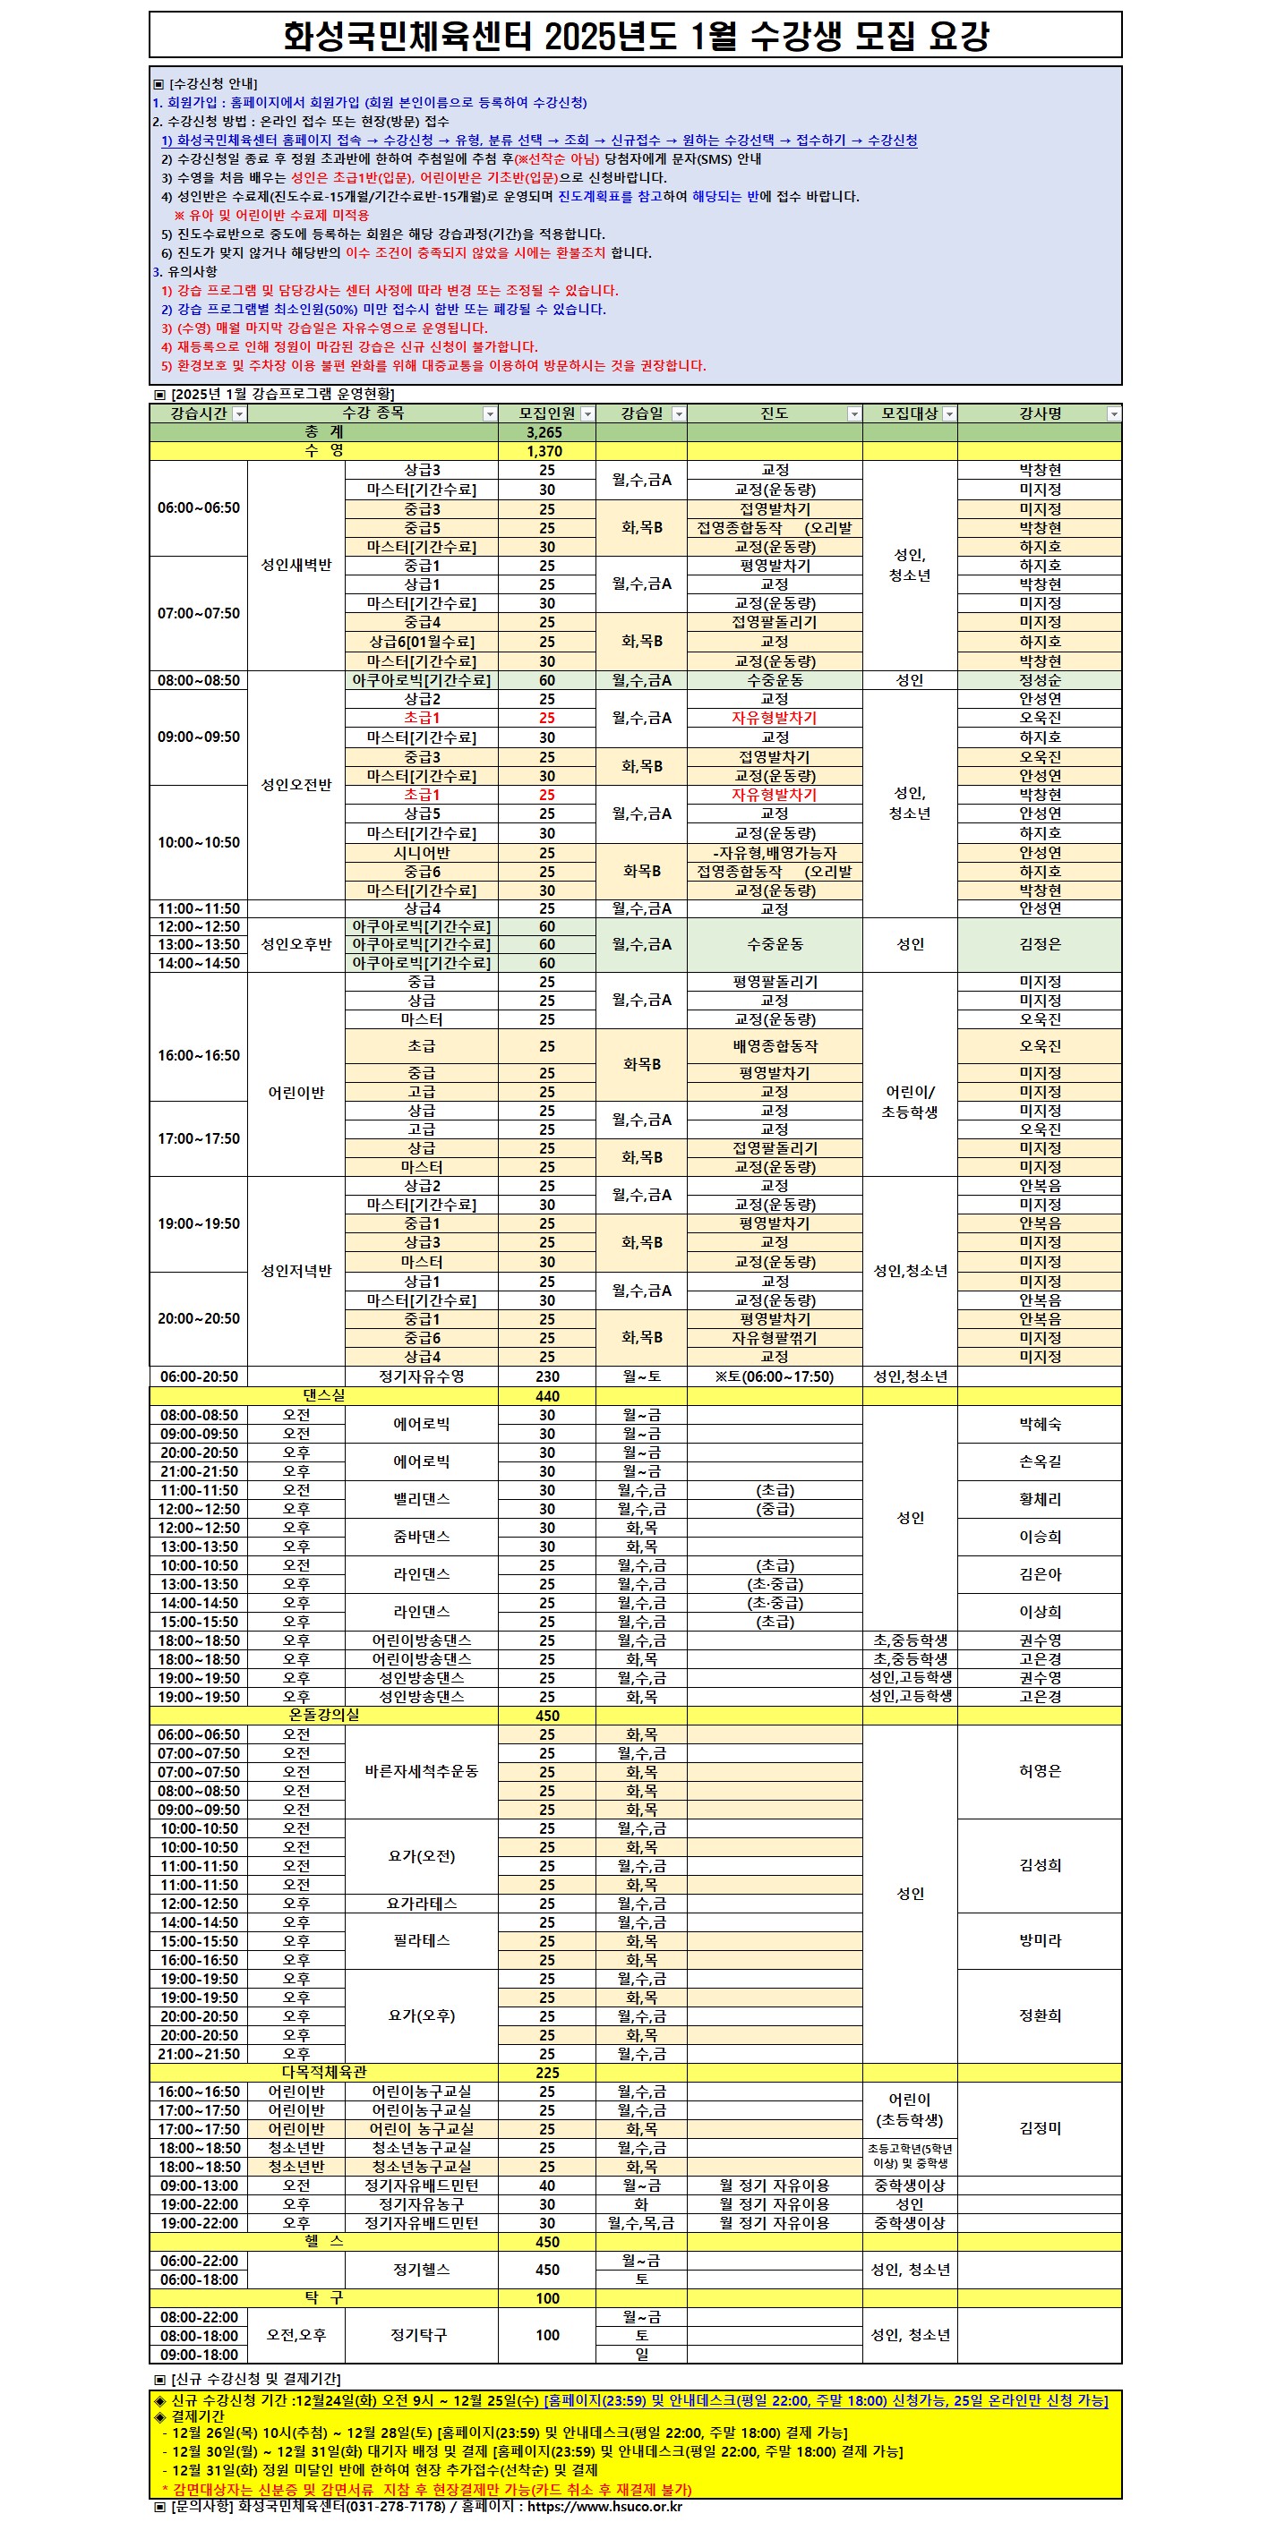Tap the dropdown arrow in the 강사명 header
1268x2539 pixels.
click(1113, 414)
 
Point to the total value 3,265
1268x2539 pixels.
click(544, 432)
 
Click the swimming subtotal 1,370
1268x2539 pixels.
click(544, 451)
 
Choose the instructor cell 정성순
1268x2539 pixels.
click(1040, 680)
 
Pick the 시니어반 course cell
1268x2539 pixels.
click(421, 853)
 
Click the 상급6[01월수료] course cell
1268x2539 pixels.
click(421, 642)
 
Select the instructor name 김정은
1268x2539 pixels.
click(1040, 944)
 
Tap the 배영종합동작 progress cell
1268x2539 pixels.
click(774, 1046)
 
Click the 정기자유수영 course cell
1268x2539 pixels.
click(421, 1376)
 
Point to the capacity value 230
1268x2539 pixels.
click(546, 1376)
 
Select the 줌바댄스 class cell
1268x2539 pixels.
click(421, 1537)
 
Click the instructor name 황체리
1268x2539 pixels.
click(1040, 1499)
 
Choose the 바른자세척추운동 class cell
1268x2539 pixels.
click(421, 1771)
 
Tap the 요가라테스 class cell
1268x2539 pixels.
click(421, 1904)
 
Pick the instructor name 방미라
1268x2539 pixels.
click(1040, 1940)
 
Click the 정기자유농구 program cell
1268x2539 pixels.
click(421, 2204)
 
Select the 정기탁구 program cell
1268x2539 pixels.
click(418, 2335)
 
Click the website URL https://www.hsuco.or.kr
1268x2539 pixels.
click(604, 2507)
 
